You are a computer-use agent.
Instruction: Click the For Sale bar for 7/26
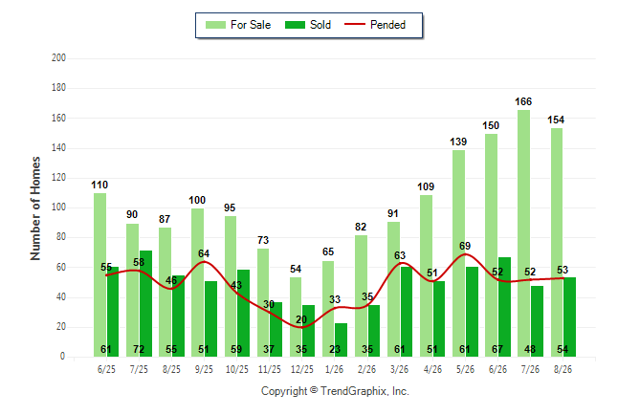(523, 233)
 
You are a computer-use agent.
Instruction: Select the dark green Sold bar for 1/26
(341, 340)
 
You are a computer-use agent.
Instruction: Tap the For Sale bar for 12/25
(296, 317)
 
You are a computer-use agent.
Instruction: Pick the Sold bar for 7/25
(145, 303)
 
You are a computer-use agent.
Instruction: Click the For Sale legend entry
(238, 25)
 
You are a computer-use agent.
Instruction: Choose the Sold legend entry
(308, 25)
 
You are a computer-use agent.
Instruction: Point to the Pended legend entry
(375, 25)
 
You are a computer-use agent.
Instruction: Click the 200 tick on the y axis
(58, 58)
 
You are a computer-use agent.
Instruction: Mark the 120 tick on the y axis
(58, 178)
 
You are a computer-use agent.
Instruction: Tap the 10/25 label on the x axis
(237, 369)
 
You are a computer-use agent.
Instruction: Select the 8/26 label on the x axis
(563, 369)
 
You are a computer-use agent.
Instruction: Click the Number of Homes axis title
(35, 208)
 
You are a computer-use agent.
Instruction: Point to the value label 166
(523, 101)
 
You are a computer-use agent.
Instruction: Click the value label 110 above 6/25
(99, 185)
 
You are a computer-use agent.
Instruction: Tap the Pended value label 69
(465, 246)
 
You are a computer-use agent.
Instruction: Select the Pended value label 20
(301, 319)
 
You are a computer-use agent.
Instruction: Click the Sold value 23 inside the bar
(335, 349)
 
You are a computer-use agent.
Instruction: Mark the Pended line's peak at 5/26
(465, 254)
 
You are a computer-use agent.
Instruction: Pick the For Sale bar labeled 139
(458, 253)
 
